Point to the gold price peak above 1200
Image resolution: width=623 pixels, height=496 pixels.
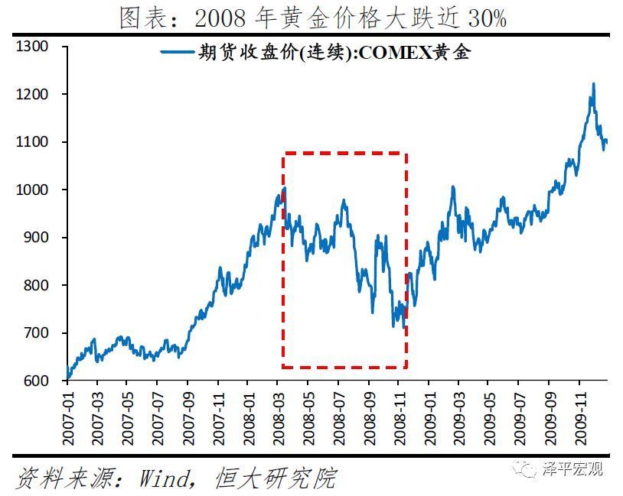593,84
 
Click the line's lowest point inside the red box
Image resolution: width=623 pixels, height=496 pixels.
403,328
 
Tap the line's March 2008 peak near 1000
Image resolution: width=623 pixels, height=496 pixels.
284,188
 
